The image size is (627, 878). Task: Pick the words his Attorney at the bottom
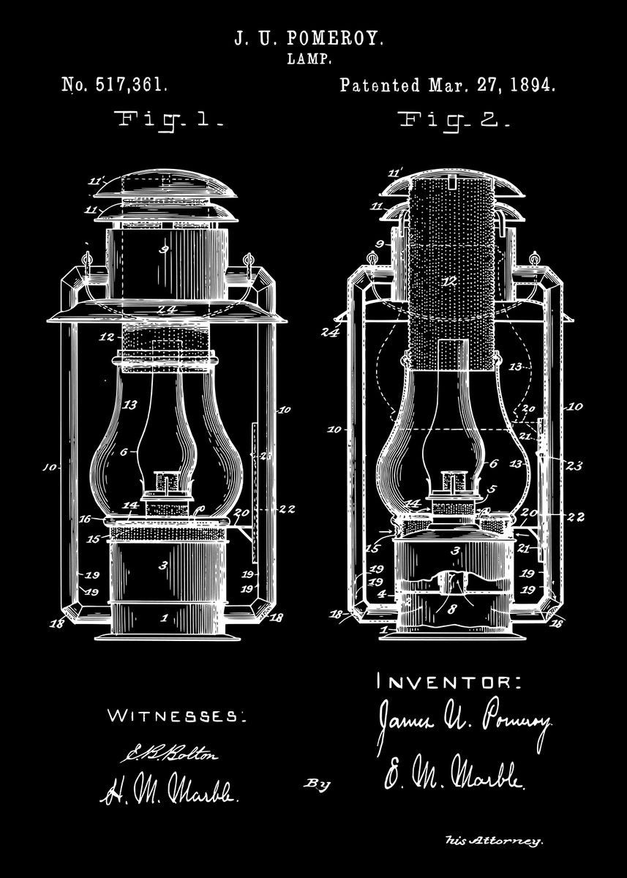(x=495, y=842)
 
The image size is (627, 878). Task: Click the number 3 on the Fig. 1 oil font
(x=162, y=566)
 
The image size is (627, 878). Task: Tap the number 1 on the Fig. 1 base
(x=164, y=618)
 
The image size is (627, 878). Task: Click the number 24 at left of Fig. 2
(x=329, y=331)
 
